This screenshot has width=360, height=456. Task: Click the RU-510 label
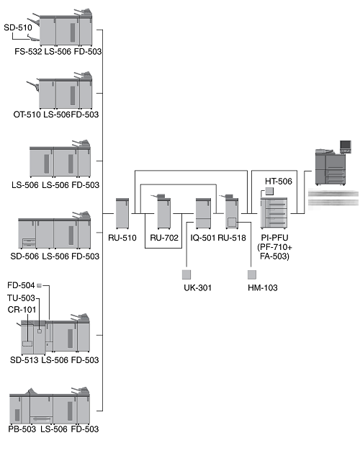click(x=122, y=238)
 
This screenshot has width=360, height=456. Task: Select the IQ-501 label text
click(x=202, y=238)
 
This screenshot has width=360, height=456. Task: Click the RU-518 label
click(x=232, y=238)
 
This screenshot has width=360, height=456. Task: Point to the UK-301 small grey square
click(x=186, y=274)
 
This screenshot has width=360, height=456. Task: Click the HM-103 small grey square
click(x=252, y=274)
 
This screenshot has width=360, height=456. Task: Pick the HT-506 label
click(x=279, y=182)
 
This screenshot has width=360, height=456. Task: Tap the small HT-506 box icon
click(x=269, y=191)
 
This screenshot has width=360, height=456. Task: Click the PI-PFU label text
click(x=274, y=238)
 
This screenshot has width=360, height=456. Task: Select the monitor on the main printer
click(x=346, y=146)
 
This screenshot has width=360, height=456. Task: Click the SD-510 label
click(x=18, y=27)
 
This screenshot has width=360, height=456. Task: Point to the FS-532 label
click(x=28, y=51)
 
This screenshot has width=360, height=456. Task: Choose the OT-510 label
click(x=27, y=115)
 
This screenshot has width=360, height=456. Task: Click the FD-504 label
click(x=21, y=285)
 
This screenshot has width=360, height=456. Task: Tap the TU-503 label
click(x=21, y=298)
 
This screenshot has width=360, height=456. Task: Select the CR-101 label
click(x=22, y=310)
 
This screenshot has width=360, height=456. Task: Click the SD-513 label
click(x=24, y=359)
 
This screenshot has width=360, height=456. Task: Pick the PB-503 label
click(x=22, y=429)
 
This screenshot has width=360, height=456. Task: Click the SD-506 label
click(x=24, y=256)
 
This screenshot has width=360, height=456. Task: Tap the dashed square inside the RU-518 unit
click(x=232, y=223)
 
